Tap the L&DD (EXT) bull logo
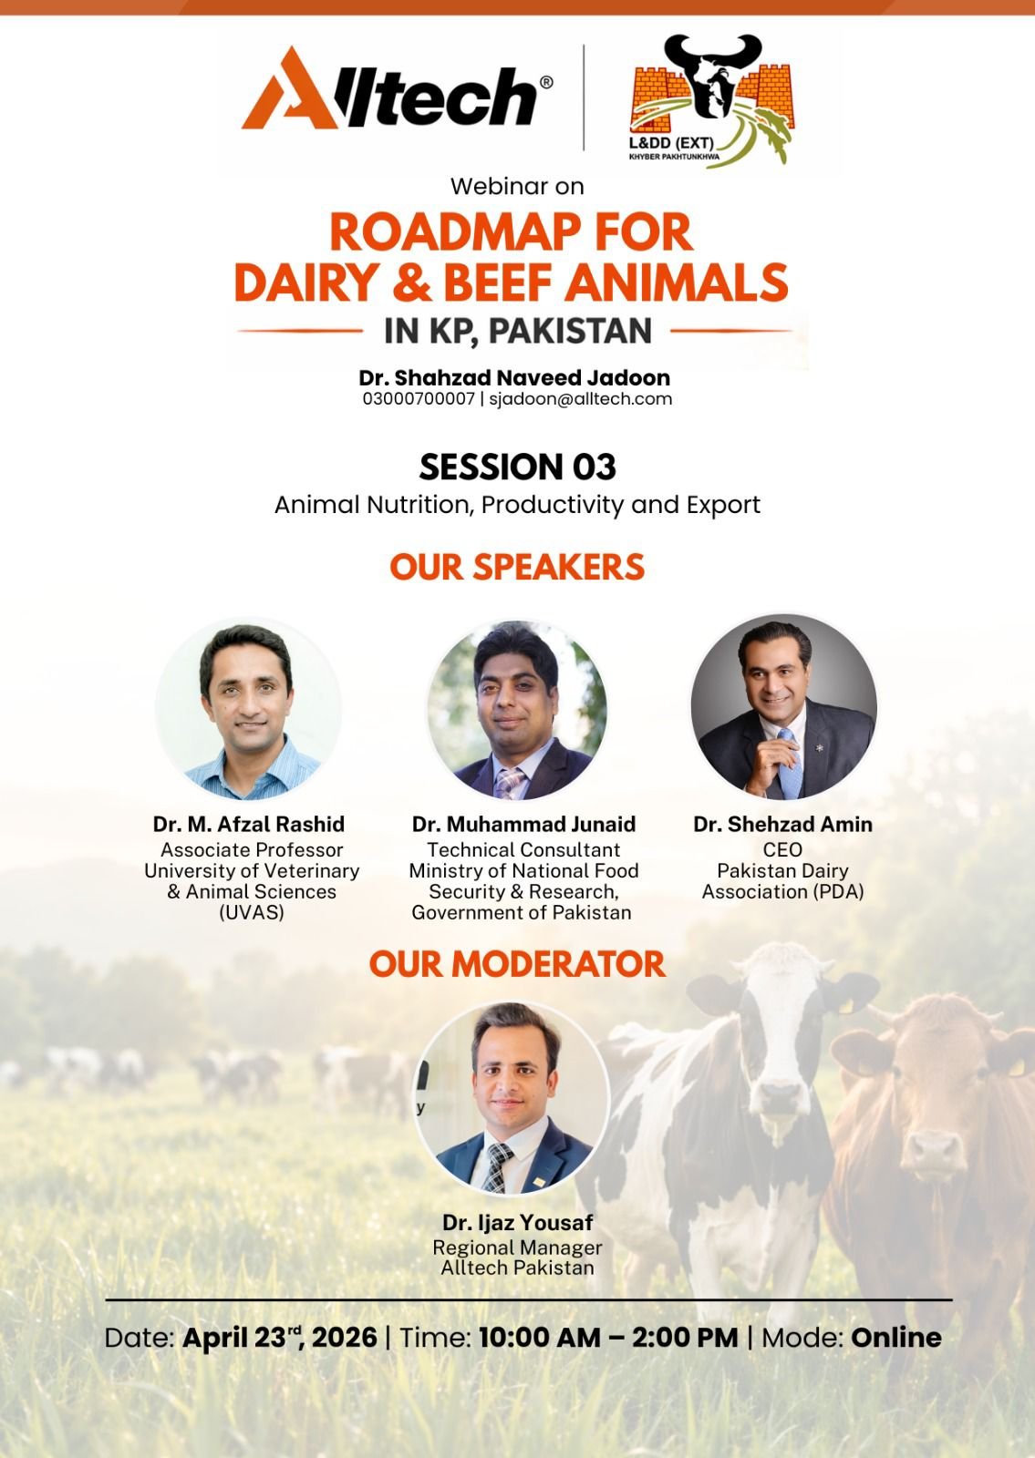pos(711,101)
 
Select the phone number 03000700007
pos(419,399)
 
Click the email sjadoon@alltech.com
pos(580,399)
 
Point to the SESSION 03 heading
pos(517,467)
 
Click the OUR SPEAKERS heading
pos(517,567)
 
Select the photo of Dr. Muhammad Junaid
pos(517,710)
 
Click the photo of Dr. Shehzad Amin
pos(783,707)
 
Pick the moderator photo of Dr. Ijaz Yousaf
pos(512,1099)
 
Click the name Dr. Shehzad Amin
pos(783,824)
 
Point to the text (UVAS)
pos(252,912)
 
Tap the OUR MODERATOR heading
pos(517,964)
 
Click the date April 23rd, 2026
pos(280,1337)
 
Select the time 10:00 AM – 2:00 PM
pos(609,1338)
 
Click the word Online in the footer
pos(896,1338)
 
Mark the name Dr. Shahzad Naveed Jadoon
pos(514,377)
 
